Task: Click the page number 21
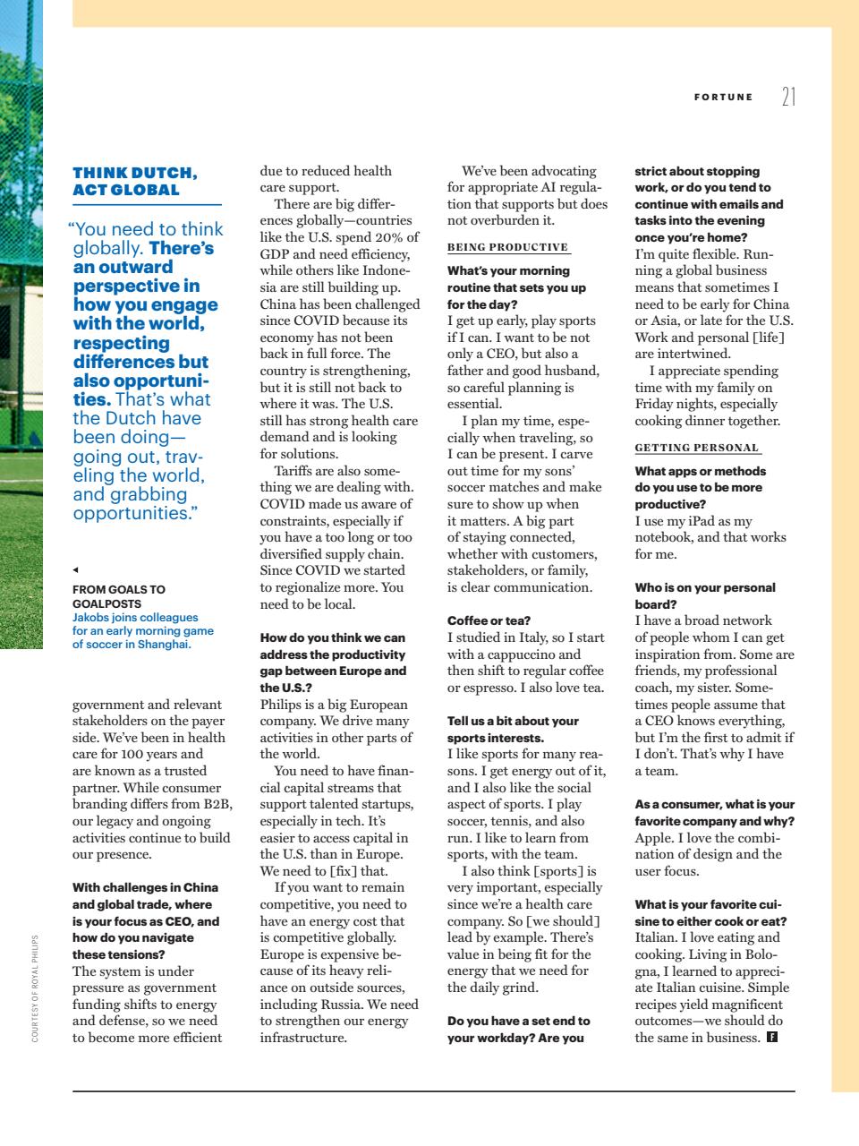(787, 97)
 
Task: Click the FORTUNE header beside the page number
(723, 97)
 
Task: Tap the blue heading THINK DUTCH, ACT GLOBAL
(135, 181)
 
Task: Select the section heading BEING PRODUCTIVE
(507, 247)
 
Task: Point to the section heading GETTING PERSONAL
(696, 448)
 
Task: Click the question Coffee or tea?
(489, 620)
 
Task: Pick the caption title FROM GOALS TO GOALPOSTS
(118, 596)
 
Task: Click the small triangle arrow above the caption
(76, 569)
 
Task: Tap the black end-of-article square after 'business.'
(771, 1038)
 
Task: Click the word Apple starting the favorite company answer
(653, 838)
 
